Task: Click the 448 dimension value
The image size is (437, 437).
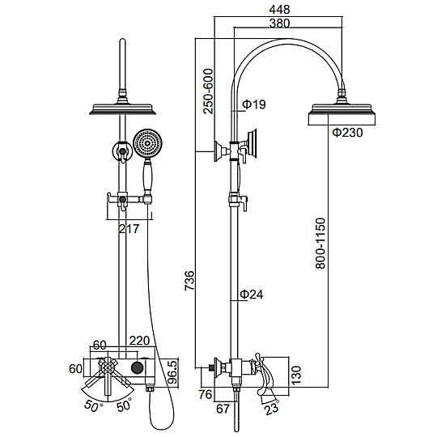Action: point(279,10)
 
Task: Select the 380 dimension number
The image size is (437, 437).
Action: point(279,23)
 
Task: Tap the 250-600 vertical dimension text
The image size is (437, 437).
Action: point(208,91)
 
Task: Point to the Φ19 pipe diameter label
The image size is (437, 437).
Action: point(254,104)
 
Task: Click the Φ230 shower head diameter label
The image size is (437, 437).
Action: point(347,132)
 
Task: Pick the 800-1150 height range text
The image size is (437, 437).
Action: point(320,244)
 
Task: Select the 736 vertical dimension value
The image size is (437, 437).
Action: point(189,280)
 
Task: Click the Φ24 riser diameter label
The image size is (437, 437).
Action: point(252,295)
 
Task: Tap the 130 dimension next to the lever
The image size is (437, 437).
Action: point(296,375)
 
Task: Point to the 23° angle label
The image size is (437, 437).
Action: point(272,408)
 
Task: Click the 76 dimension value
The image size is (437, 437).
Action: point(206,395)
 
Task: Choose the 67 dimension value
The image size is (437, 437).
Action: point(223,409)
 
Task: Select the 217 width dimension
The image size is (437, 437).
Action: point(129,229)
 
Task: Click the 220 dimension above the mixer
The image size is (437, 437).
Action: point(140,341)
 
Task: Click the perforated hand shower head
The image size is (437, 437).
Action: point(147,144)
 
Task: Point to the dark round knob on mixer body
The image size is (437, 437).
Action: point(137,367)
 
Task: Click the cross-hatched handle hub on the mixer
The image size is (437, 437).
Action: point(107,366)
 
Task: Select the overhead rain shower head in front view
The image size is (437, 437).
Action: point(123,109)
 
